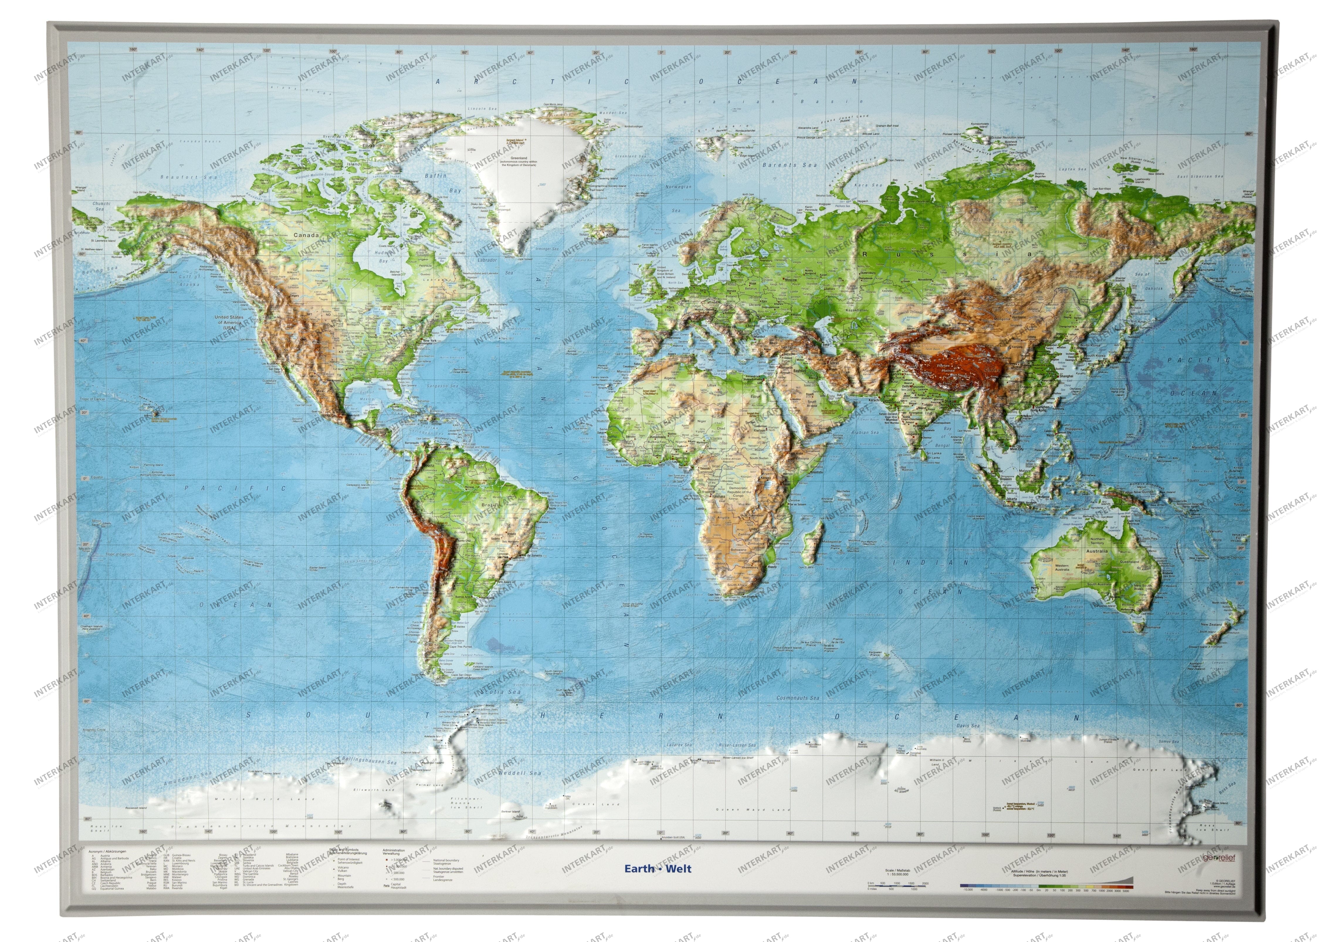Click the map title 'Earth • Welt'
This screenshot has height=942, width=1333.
(x=658, y=869)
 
